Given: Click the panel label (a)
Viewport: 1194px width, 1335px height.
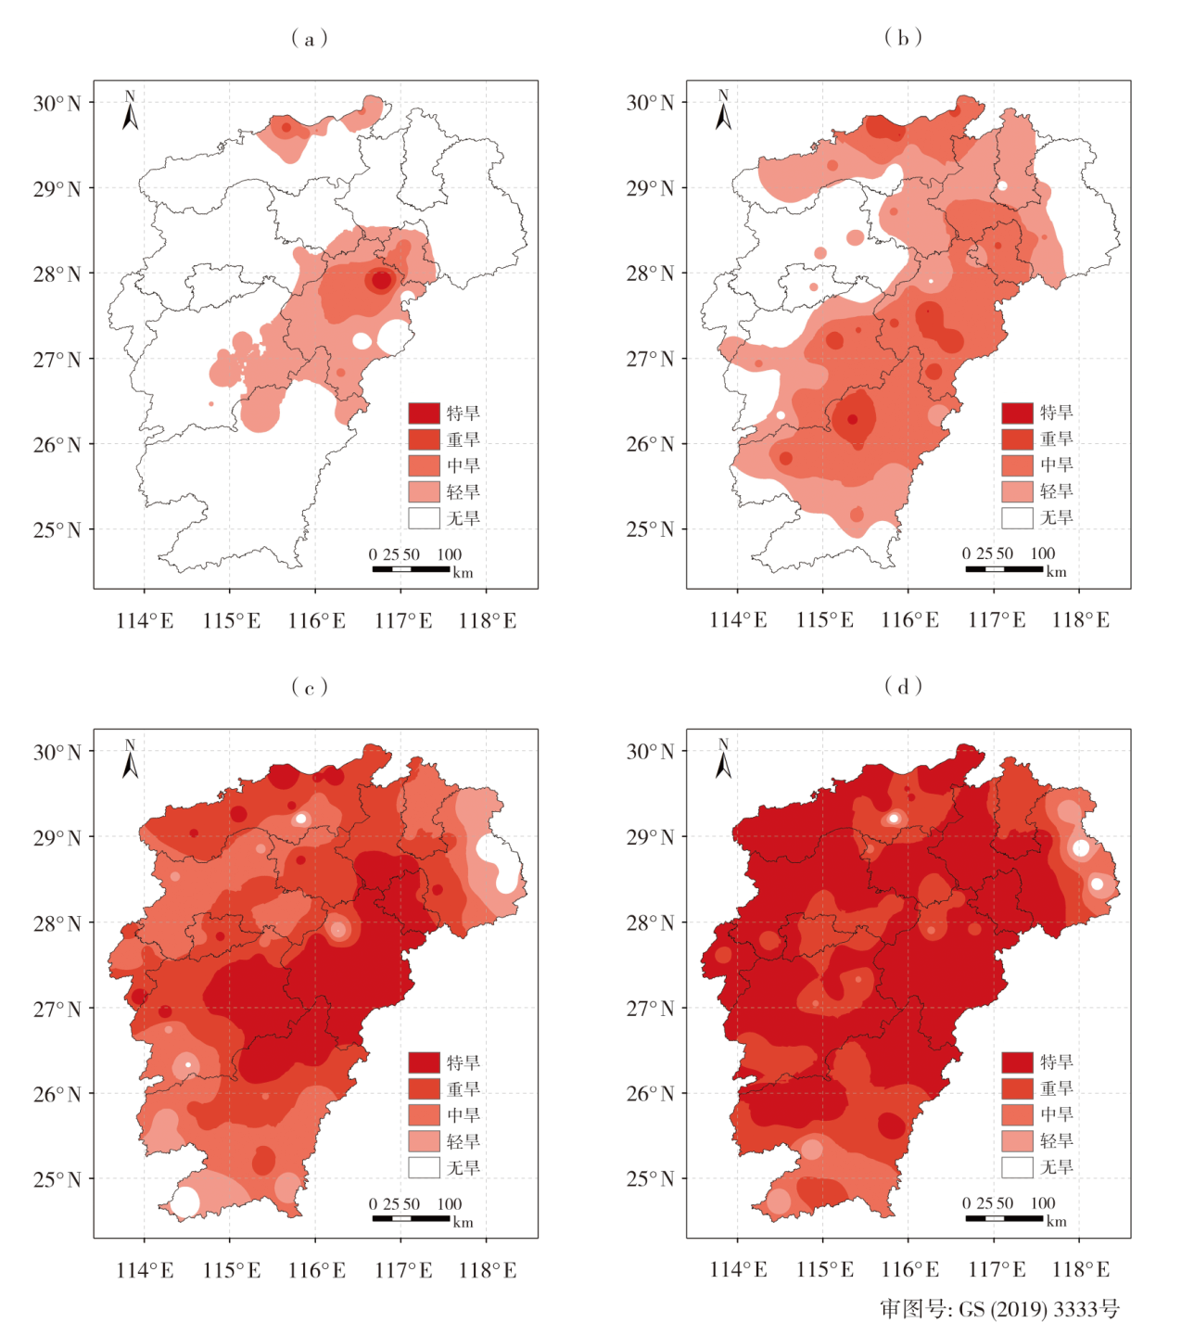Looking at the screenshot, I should pos(309,38).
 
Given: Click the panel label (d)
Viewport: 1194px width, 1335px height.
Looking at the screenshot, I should pos(902,686).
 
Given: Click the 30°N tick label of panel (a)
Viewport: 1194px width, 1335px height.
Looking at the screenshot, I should pos(57,103).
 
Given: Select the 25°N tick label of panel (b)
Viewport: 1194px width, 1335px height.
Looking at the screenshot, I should pos(651,529).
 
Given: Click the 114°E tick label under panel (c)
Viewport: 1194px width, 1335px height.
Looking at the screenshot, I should pos(145,1270).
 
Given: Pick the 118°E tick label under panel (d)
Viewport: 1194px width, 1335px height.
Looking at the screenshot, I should pos(1081,1269).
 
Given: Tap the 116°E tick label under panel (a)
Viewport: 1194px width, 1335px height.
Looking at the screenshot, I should pos(317,621).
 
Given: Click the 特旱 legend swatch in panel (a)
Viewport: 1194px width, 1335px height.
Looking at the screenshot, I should pos(424,413).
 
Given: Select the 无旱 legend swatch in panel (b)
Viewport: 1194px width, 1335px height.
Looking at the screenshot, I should pos(1017,517).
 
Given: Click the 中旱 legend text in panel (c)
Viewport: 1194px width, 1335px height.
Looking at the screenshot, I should pos(464,1115).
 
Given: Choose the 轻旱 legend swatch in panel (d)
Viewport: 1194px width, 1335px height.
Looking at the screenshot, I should pos(1017,1140).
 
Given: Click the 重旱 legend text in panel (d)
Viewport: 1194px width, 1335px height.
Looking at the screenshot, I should pos(1057,1088).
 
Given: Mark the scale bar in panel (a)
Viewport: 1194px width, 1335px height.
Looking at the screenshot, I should pos(411,568).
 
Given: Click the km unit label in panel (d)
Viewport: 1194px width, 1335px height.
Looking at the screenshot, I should pos(1057,1222).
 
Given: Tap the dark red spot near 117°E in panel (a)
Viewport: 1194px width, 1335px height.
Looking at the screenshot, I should pos(381,280).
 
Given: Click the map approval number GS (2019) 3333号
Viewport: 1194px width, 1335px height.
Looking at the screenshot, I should pos(1000,1309).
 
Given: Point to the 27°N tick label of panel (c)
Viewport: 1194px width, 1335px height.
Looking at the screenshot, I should pos(57,1009).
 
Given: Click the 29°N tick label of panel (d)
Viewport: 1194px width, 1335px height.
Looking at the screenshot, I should pos(651,837).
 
